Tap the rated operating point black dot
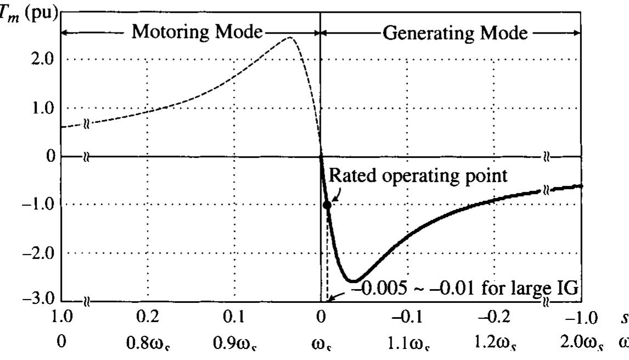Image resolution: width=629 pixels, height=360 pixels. pyautogui.click(x=327, y=205)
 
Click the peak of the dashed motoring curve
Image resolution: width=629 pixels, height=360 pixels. pyautogui.click(x=290, y=37)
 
